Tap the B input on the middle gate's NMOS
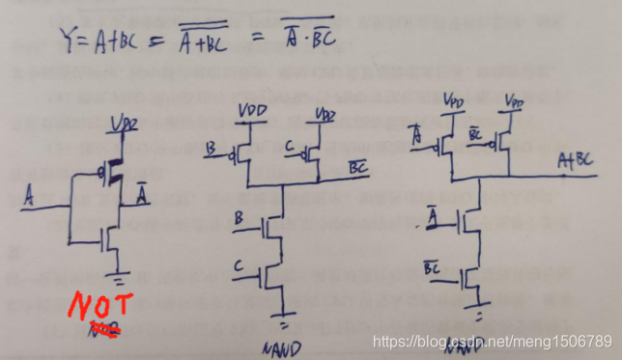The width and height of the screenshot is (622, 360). [x=239, y=221]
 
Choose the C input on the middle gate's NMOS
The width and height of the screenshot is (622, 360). [x=238, y=263]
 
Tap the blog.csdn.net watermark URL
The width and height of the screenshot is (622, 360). [x=492, y=342]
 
